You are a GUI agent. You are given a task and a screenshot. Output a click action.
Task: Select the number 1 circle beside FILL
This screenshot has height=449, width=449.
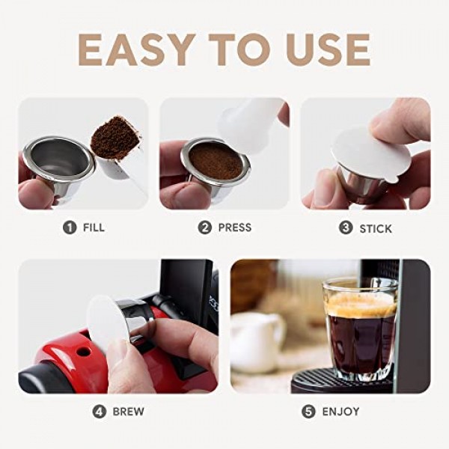point(70,227)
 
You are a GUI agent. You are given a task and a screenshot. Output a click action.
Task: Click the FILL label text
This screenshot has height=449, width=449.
point(93,227)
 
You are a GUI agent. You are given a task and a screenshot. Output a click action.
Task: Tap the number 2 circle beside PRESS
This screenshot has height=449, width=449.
point(205,227)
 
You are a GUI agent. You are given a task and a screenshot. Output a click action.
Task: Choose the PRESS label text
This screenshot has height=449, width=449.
point(234,227)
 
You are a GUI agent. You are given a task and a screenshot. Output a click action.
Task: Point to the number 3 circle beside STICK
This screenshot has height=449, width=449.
point(346,227)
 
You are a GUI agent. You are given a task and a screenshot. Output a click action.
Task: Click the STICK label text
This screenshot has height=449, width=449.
point(375,227)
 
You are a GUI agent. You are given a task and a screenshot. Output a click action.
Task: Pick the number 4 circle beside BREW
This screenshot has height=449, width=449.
point(100,411)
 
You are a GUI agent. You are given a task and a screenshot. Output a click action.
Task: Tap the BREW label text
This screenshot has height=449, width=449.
point(128,411)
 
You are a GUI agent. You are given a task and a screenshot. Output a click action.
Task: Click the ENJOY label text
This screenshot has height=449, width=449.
point(341,411)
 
